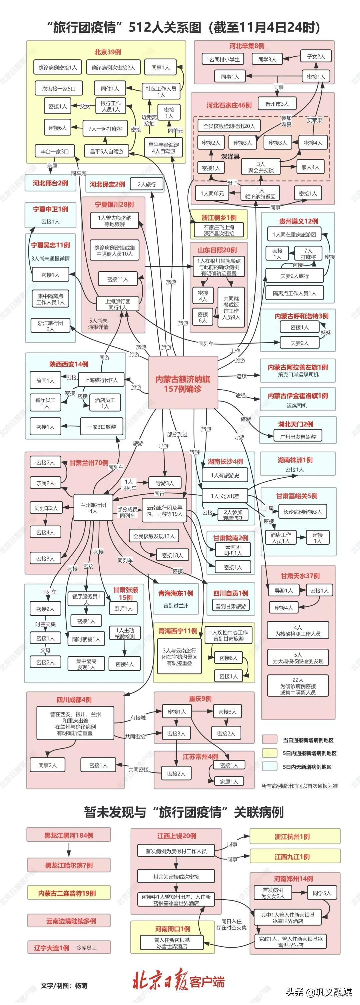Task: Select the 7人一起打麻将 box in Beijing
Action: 105,128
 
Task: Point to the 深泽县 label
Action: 230,156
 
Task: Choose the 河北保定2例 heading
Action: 107,184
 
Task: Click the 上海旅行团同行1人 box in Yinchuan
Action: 117,304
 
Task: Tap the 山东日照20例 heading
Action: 217,250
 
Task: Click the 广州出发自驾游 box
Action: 298,437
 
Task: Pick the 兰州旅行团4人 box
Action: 93,508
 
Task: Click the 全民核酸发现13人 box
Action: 154,536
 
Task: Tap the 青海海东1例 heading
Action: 176,593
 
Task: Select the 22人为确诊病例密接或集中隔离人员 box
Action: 298,686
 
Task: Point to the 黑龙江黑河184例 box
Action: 69,835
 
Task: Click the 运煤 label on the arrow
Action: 241,376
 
